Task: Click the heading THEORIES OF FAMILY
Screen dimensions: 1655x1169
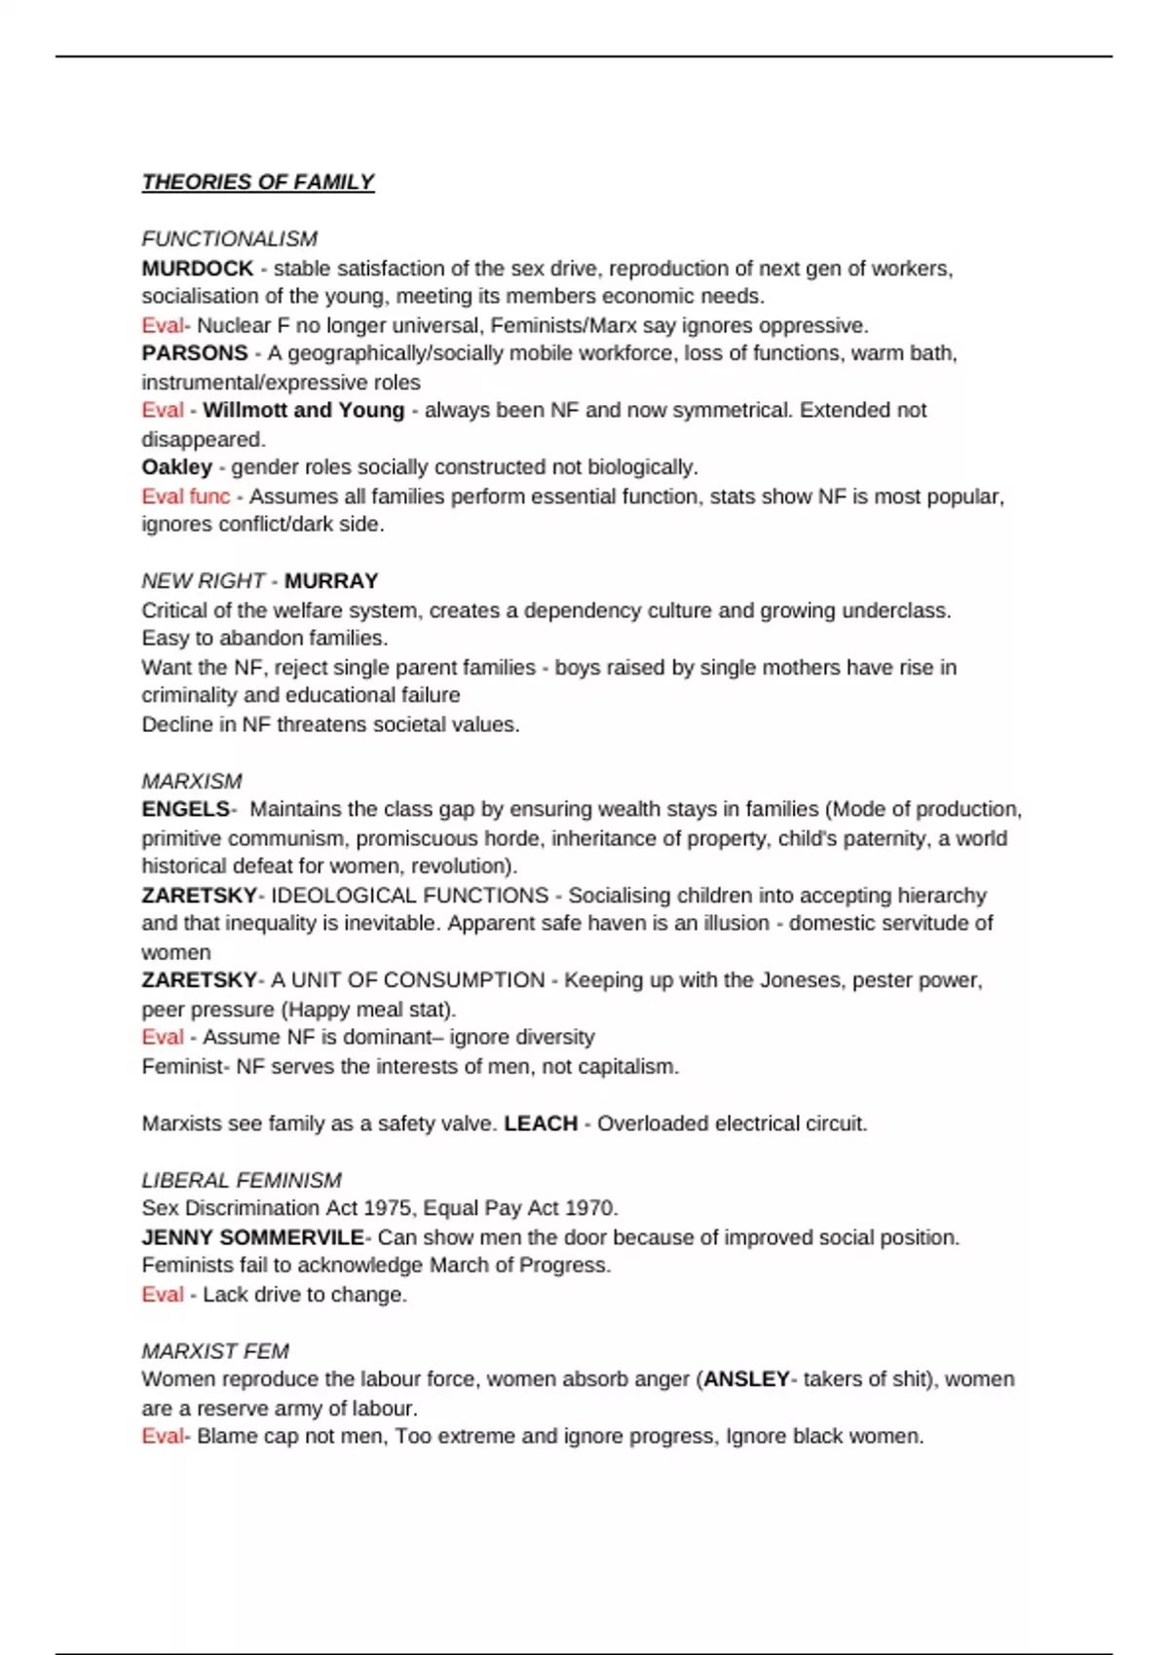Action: pos(258,182)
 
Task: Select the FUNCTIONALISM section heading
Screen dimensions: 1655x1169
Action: pos(229,239)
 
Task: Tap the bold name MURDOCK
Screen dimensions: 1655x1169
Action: pos(197,268)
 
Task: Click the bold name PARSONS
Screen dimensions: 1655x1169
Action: pos(195,352)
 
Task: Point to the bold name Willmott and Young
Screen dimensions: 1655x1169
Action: pos(303,410)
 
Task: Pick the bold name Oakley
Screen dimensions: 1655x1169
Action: pos(176,466)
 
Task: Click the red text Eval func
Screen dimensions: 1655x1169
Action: pos(185,496)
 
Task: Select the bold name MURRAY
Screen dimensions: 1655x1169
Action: pos(331,580)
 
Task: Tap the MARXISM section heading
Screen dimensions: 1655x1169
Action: pos(192,781)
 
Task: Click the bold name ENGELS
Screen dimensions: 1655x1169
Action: pos(185,809)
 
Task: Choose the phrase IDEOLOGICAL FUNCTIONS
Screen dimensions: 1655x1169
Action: pos(409,895)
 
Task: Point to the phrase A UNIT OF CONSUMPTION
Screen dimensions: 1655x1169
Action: pos(407,979)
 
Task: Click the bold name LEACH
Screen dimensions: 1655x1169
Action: pos(541,1122)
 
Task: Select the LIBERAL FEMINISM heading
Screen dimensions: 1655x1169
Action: pos(242,1180)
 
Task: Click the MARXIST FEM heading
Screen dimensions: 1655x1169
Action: pos(215,1351)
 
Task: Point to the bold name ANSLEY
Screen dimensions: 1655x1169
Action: pos(746,1379)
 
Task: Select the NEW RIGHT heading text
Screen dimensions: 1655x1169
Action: pos(203,580)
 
